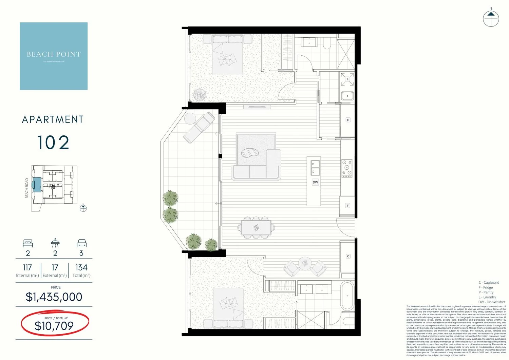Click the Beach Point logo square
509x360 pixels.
tap(54, 56)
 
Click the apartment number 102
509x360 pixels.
tap(53, 143)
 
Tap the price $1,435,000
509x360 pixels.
tap(54, 297)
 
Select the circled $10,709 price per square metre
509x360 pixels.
tap(54, 326)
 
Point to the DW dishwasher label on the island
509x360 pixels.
tap(315, 182)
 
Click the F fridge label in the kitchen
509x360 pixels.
tap(347, 206)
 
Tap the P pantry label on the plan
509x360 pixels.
tap(348, 120)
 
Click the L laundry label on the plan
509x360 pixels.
tap(347, 79)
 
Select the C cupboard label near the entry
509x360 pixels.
tap(348, 256)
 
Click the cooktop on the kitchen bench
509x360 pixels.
tap(347, 168)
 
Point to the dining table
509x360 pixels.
tap(256, 227)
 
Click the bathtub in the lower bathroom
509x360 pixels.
tap(347, 296)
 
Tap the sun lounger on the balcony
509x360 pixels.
tap(199, 127)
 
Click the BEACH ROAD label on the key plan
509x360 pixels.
tap(27, 188)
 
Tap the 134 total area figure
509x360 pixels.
tap(81, 268)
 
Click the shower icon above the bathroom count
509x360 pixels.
tap(55, 243)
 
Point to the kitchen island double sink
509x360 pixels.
tap(315, 168)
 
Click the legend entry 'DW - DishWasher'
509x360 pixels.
tap(492, 302)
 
